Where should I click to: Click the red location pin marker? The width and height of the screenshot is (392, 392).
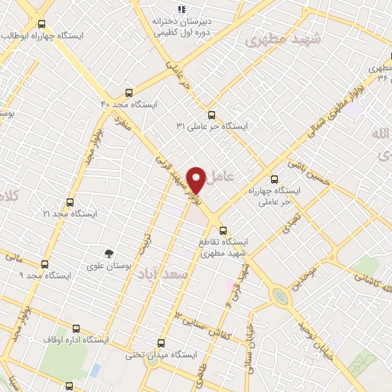(x=197, y=179)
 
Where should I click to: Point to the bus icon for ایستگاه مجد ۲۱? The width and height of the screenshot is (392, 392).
(x=70, y=203)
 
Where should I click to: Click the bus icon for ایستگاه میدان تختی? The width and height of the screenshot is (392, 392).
(x=161, y=343)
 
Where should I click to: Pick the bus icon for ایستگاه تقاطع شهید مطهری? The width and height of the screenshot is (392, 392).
(x=223, y=229)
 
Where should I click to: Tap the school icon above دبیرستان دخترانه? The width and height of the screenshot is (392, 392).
(x=181, y=9)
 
